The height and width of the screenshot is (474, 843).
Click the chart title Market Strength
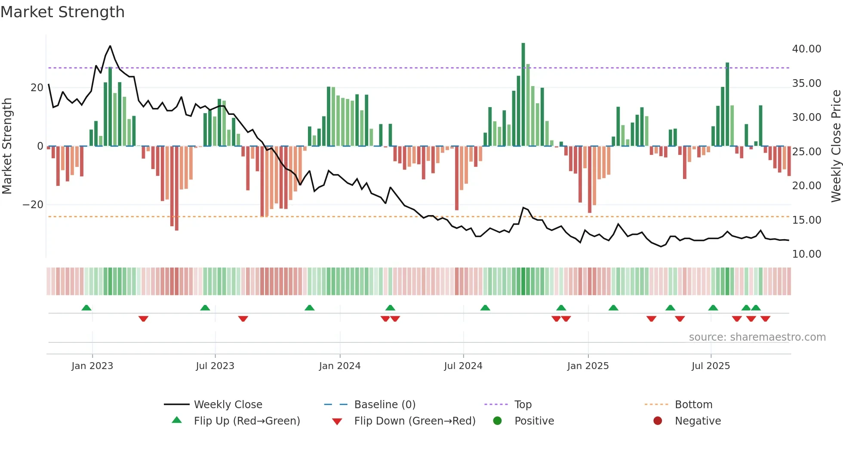click(x=62, y=12)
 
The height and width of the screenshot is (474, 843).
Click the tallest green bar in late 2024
click(x=523, y=95)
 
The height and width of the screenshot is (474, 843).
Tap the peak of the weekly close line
click(x=110, y=46)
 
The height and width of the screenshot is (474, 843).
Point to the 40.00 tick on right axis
click(x=806, y=49)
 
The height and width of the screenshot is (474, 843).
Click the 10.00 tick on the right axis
click(x=806, y=254)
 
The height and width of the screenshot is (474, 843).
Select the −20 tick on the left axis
click(x=33, y=205)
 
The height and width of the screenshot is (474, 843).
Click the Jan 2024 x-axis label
click(x=339, y=366)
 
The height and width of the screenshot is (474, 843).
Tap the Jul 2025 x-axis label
click(x=711, y=366)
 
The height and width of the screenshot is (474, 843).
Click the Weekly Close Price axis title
click(x=836, y=146)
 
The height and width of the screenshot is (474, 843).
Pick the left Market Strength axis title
click(x=7, y=146)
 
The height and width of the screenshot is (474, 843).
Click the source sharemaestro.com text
click(x=757, y=337)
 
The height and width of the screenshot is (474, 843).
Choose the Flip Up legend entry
click(x=246, y=421)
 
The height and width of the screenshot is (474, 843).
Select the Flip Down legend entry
click(x=414, y=421)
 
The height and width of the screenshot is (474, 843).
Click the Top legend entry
click(x=523, y=405)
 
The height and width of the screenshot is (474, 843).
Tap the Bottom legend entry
click(x=693, y=405)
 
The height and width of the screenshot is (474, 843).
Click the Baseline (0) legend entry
click(x=385, y=405)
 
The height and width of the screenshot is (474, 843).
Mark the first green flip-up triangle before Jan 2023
click(x=86, y=308)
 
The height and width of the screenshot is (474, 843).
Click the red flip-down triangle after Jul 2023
click(x=243, y=319)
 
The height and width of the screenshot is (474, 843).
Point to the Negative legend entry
click(x=697, y=421)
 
